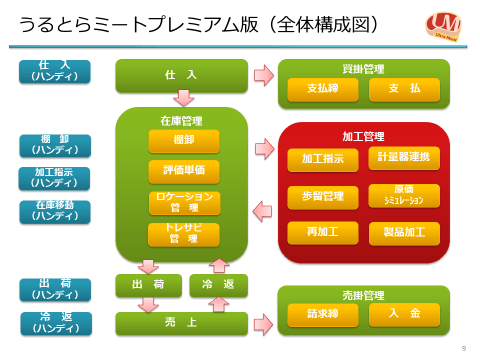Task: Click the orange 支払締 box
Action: [322, 89]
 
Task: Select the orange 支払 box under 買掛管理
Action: [403, 89]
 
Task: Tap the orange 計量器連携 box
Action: [403, 158]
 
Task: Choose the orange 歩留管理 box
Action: [322, 196]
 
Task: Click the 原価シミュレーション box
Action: [403, 195]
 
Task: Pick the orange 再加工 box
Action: [322, 232]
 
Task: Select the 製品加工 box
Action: [403, 232]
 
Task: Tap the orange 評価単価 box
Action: [184, 171]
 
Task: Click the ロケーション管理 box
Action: [184, 203]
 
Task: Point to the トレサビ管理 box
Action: [184, 234]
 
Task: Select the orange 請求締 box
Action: [322, 314]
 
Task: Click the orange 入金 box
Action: [403, 314]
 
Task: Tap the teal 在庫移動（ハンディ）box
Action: [55, 211]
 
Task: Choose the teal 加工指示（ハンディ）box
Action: [55, 178]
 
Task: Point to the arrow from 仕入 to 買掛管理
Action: [263, 75]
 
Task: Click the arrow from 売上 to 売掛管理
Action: [263, 323]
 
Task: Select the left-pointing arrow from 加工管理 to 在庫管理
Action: [262, 211]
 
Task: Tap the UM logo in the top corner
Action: [443, 24]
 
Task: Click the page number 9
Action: [463, 348]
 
